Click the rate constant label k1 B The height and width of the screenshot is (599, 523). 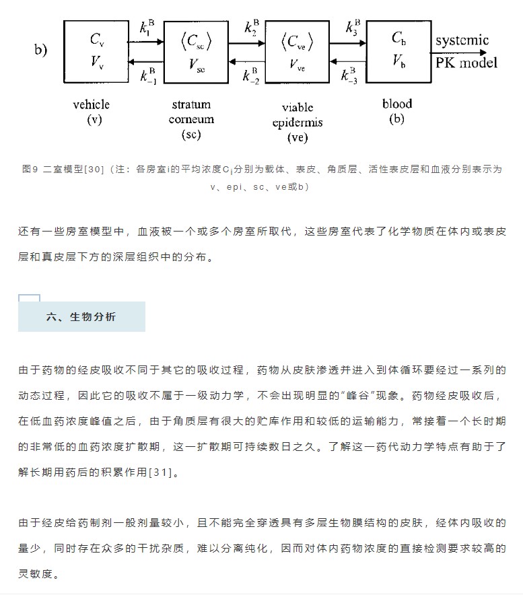pyautogui.click(x=147, y=27)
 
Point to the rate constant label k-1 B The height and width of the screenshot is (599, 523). pyautogui.click(x=148, y=75)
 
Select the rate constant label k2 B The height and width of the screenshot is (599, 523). pyautogui.click(x=252, y=27)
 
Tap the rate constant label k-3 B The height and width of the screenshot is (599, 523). pyautogui.click(x=349, y=75)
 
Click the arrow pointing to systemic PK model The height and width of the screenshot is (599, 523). pyautogui.click(x=459, y=52)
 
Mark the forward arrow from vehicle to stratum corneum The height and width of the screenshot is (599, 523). pyautogui.click(x=146, y=42)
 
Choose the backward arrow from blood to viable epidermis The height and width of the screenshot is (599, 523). pyautogui.click(x=347, y=61)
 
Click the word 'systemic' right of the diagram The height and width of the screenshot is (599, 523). pyautogui.click(x=462, y=40)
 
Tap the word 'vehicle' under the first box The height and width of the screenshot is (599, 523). pyautogui.click(x=92, y=104)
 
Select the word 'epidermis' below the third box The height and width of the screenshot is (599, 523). pyautogui.click(x=298, y=122)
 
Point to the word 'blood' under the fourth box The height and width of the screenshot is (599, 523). pyautogui.click(x=397, y=104)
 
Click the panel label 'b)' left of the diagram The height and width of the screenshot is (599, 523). pyautogui.click(x=40, y=49)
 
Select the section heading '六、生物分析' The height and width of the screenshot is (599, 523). pyautogui.click(x=81, y=317)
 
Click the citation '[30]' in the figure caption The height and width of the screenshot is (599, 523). pyautogui.click(x=94, y=169)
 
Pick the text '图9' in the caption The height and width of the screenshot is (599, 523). pyautogui.click(x=30, y=169)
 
